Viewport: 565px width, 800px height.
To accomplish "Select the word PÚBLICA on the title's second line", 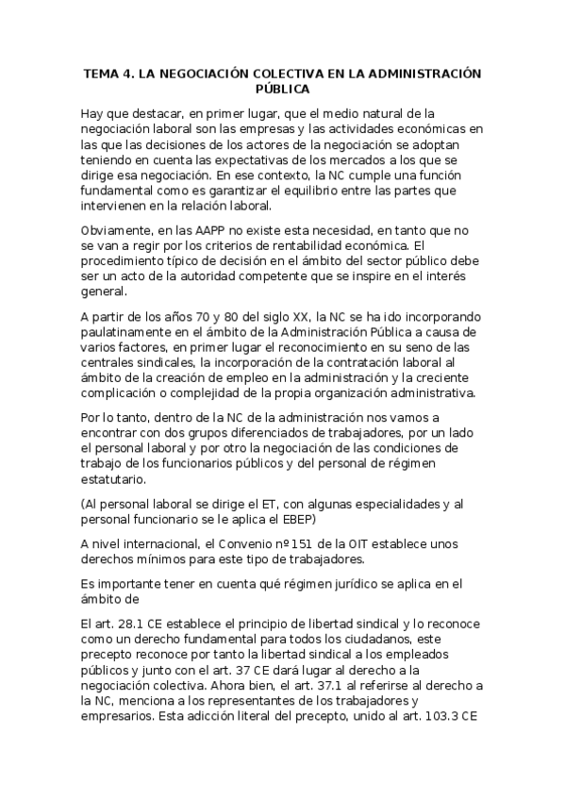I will click(282, 89).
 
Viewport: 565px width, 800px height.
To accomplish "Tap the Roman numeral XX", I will click(303, 317).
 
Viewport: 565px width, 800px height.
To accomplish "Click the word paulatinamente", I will click(131, 332).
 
